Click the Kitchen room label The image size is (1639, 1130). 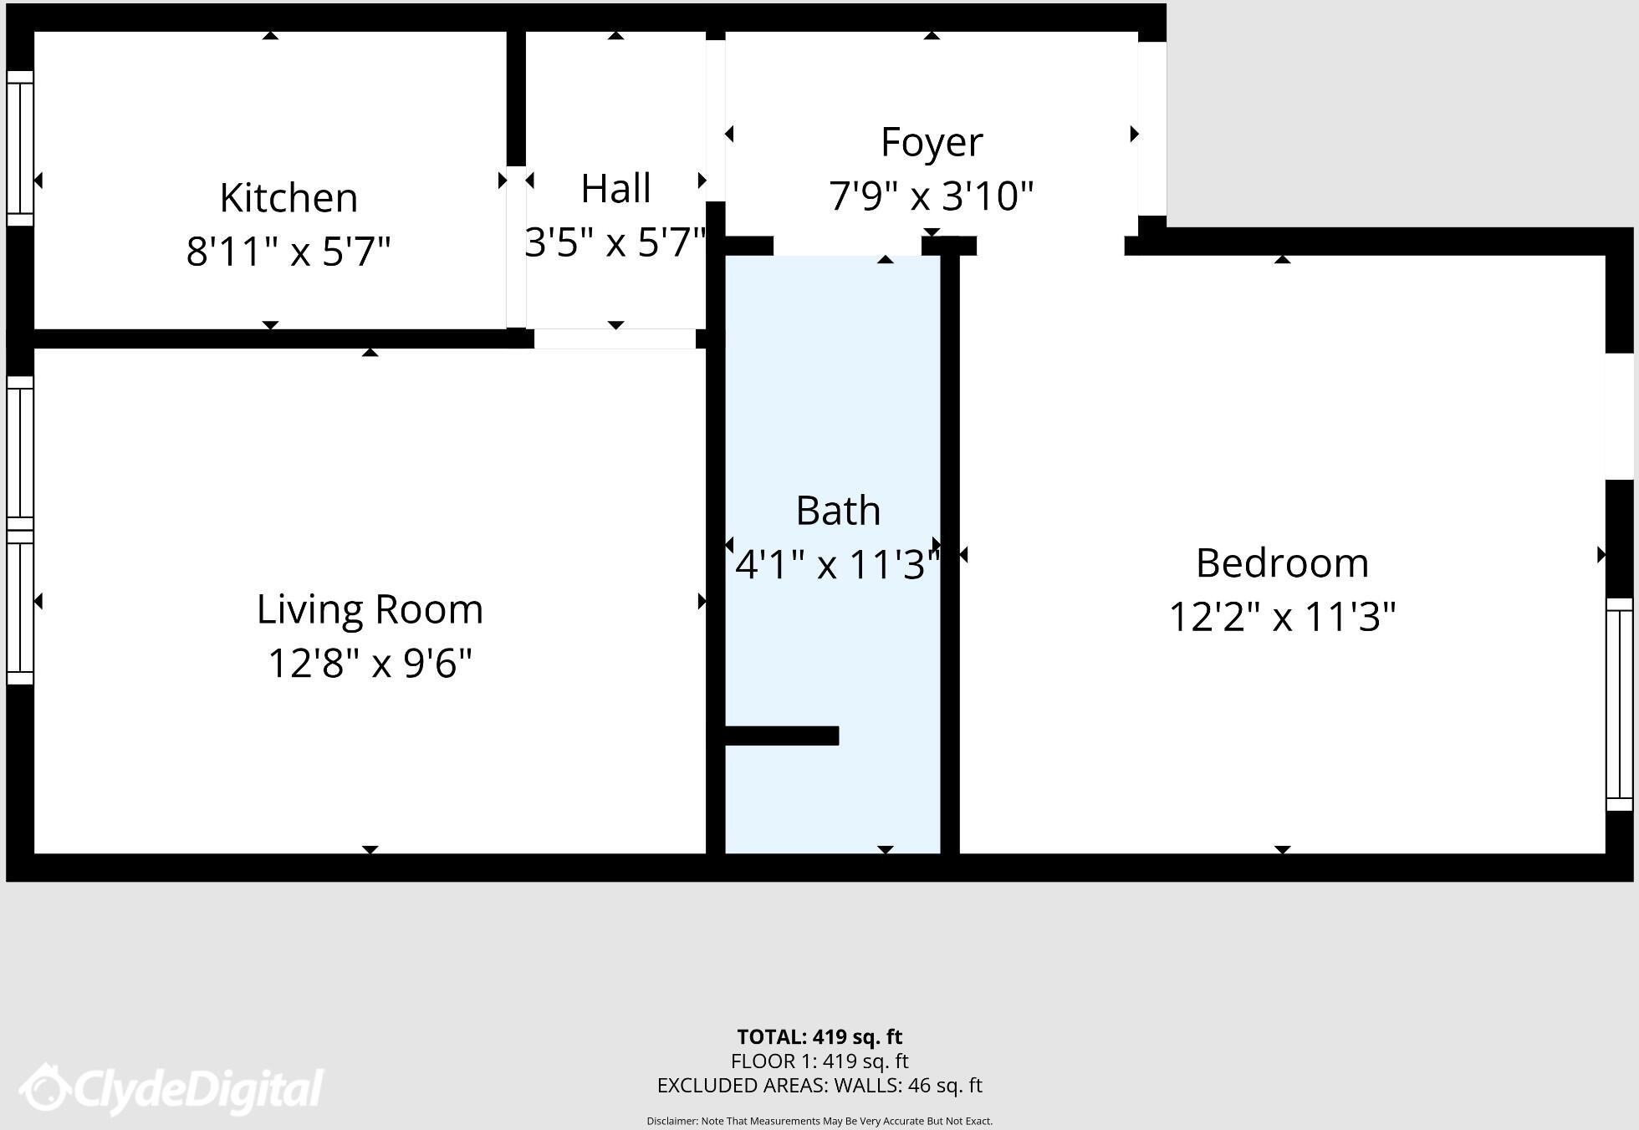[x=288, y=198]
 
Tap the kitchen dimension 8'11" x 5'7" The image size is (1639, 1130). [x=288, y=251]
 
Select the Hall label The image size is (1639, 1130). [x=615, y=189]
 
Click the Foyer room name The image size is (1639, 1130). [x=931, y=142]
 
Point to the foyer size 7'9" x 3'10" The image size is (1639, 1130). [x=931, y=196]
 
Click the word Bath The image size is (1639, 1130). [x=837, y=511]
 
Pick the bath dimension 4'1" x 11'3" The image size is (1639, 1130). [x=837, y=565]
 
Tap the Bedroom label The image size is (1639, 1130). [x=1282, y=563]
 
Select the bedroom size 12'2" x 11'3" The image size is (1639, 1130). [x=1282, y=618]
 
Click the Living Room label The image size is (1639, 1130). [x=370, y=609]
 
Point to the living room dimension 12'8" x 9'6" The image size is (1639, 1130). [x=370, y=664]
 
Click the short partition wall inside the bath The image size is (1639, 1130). [x=781, y=736]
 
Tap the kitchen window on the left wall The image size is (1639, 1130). [x=20, y=148]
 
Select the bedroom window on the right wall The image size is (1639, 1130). [x=1620, y=704]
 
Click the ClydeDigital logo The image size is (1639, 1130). [x=171, y=1089]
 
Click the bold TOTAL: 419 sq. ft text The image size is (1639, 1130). [x=819, y=1037]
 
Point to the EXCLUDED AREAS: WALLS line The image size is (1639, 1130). [x=819, y=1086]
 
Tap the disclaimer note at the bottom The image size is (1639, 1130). [x=819, y=1121]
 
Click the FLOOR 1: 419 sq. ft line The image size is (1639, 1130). [x=819, y=1061]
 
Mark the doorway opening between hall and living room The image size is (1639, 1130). [x=615, y=338]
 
